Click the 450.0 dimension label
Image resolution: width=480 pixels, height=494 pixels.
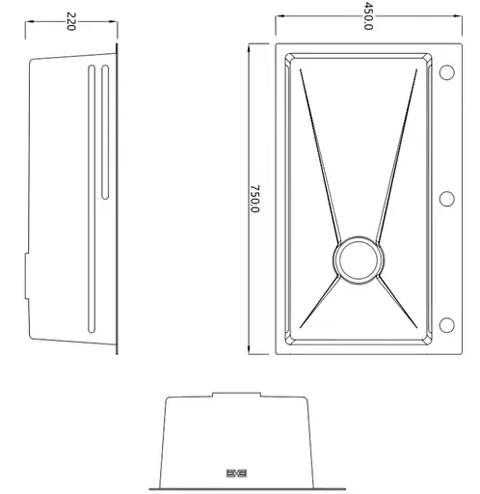368,15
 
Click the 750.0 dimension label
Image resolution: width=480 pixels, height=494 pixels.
254,199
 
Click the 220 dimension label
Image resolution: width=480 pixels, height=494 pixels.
70,21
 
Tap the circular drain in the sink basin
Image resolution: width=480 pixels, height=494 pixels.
359,260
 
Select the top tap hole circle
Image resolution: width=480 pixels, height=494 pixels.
446,71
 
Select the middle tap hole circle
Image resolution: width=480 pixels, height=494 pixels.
446,199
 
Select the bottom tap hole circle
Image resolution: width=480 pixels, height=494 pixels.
446,325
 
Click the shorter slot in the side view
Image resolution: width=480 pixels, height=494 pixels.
105,132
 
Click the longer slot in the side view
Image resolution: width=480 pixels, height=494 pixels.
92,199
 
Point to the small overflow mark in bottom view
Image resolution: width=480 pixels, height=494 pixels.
236,473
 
